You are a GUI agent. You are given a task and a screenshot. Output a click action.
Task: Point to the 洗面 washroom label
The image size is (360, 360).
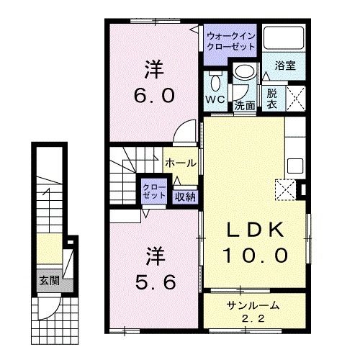coord(245,104)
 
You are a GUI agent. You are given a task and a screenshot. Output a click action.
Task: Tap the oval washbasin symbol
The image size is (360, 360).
coord(245,73)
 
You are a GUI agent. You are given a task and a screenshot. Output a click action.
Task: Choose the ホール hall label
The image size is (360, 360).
coord(181,163)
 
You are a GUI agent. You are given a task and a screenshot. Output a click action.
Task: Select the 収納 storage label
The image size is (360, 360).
coord(184,194)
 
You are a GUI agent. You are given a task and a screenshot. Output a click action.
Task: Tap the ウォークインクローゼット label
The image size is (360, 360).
coord(231,40)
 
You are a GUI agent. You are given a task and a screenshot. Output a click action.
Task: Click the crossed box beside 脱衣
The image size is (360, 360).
coord(297,97)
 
